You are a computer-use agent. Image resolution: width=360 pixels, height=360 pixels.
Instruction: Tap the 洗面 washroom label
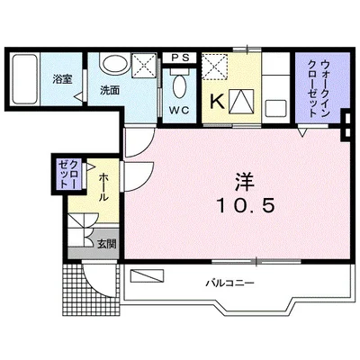tap(111, 91)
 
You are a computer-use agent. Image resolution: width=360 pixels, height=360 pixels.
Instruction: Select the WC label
tap(179, 112)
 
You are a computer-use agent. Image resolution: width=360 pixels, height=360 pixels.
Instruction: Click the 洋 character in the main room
tap(245, 181)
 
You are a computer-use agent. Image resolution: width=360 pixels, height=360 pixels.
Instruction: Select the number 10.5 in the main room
tap(245, 206)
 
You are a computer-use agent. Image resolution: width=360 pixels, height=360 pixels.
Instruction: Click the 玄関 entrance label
tap(106, 242)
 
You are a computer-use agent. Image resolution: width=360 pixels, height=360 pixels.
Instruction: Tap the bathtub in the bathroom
tap(27, 82)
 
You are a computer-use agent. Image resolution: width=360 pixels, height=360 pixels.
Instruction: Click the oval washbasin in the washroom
tap(113, 64)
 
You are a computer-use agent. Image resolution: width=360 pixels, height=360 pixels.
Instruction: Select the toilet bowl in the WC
tap(179, 90)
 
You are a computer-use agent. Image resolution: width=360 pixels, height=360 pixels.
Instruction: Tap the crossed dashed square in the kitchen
tap(215, 66)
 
